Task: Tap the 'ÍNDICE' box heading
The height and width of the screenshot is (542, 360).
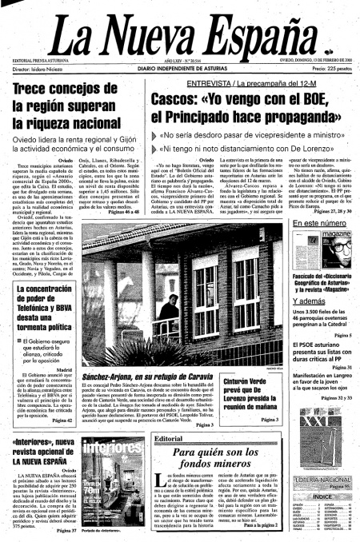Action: point(322,495)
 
